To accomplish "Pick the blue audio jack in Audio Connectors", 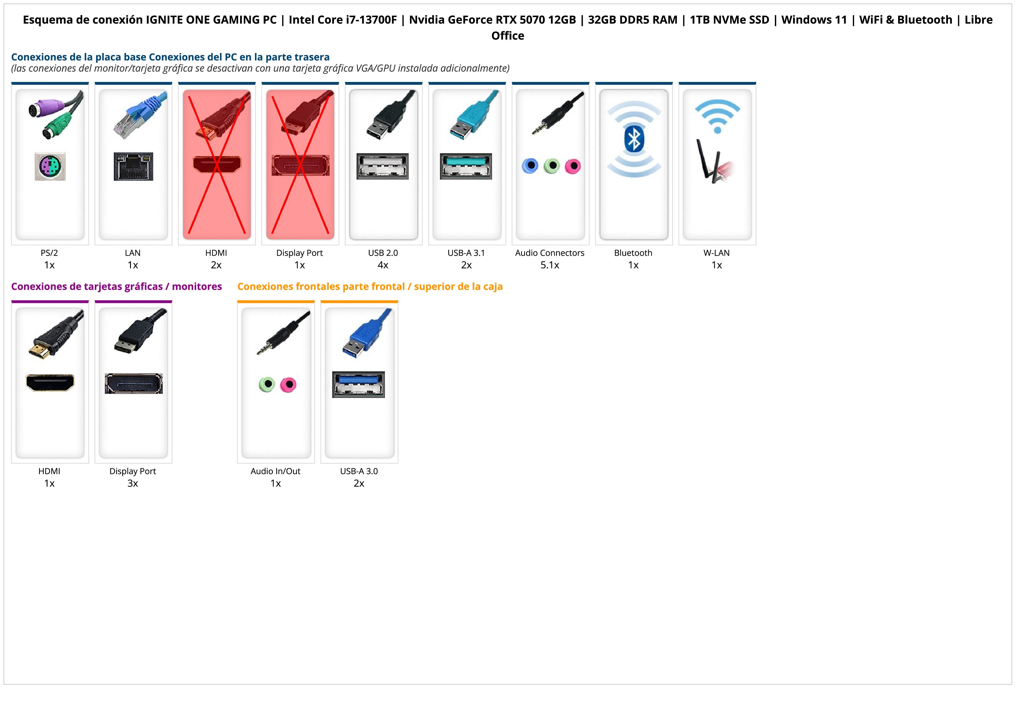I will coord(530,166).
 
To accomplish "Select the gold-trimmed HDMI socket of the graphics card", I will coord(50,383).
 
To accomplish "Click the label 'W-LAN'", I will coord(717,253).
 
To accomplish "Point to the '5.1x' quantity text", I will coord(550,265).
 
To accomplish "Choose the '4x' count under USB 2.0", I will coord(383,265).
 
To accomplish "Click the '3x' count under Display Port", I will coord(133,483).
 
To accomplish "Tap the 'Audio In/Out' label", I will coord(275,472).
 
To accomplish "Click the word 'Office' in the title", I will coord(507,36).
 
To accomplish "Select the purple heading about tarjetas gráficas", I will coord(116,287).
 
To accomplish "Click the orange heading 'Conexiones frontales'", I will coord(370,287).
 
